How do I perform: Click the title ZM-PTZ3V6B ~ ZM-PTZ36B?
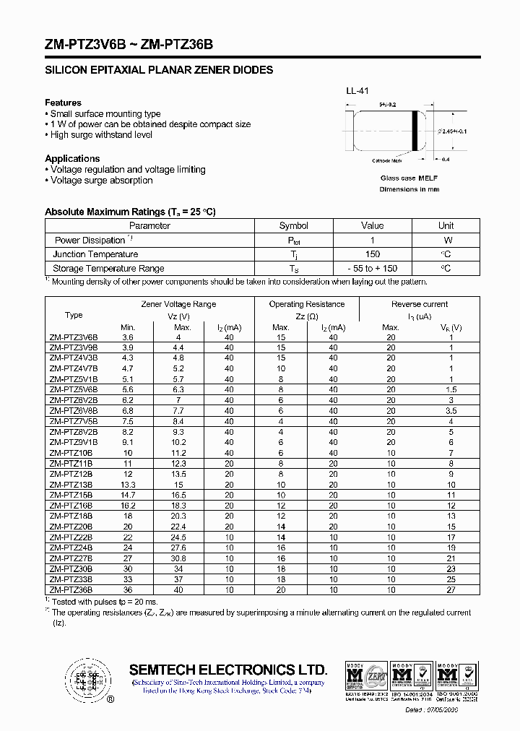tap(129, 44)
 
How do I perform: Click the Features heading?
tap(63, 103)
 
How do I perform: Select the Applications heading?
tap(72, 158)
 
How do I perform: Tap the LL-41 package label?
tap(357, 91)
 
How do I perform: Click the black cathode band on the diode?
tap(415, 131)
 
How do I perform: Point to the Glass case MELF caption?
tap(409, 178)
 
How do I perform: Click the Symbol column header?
tap(293, 226)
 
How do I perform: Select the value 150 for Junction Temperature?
tap(372, 254)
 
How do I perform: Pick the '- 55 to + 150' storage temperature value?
tap(372, 268)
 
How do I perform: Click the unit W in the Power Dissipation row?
tap(448, 240)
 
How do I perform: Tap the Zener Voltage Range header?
tap(178, 304)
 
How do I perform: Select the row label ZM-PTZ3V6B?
tap(73, 337)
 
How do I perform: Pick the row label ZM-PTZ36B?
tap(71, 590)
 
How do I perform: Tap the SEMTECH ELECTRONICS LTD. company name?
tap(228, 670)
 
